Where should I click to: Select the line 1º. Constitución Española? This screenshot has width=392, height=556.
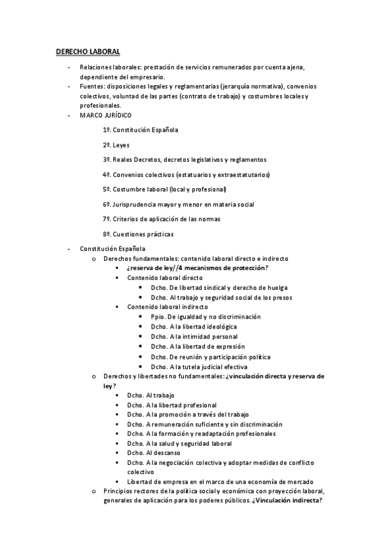pyautogui.click(x=140, y=130)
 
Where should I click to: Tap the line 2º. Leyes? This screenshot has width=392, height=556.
pyautogui.click(x=116, y=145)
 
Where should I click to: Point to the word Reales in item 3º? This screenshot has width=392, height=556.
pyautogui.click(x=123, y=159)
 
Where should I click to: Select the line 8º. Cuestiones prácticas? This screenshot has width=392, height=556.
pyautogui.click(x=137, y=234)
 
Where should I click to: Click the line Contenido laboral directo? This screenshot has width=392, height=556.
pyautogui.click(x=165, y=277)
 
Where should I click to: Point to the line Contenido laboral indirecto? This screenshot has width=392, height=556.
pyautogui.click(x=168, y=307)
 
